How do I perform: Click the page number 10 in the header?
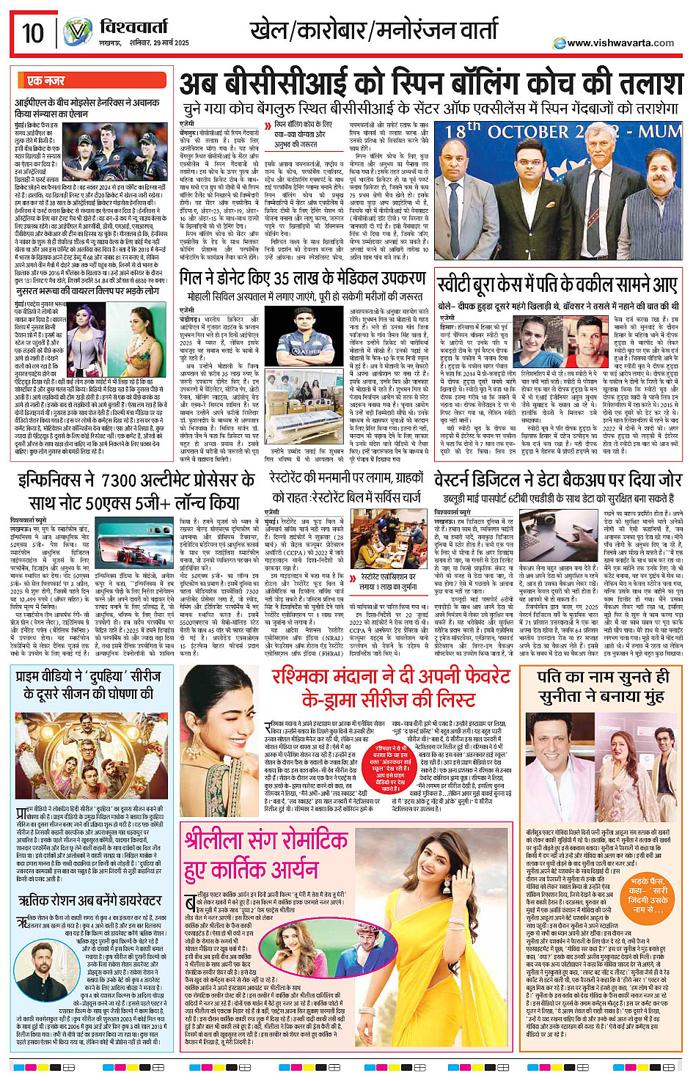coord(33,33)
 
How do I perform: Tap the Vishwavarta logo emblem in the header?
coord(77,33)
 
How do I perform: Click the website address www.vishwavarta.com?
coord(620,43)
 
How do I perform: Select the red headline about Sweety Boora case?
coord(557,285)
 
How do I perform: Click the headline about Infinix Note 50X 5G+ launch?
coord(136,491)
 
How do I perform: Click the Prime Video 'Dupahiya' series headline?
coord(89,684)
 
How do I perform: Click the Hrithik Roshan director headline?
coord(89,900)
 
